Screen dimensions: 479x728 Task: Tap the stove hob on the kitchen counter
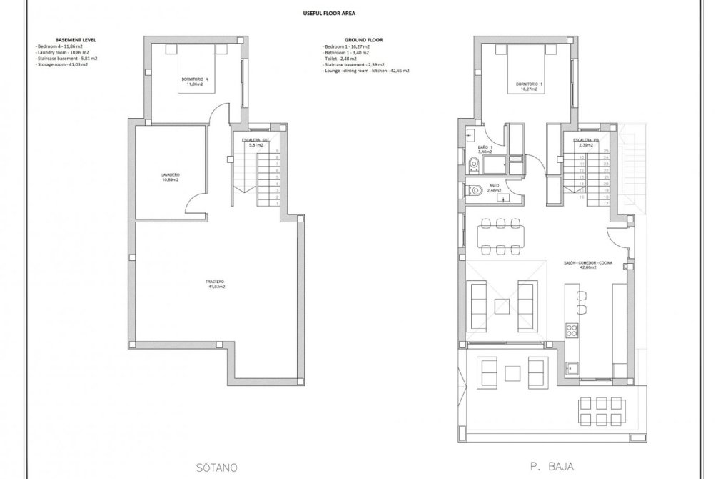coord(571,330)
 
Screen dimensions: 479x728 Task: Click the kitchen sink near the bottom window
coord(571,368)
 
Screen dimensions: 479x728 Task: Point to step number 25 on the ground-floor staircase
coord(605,151)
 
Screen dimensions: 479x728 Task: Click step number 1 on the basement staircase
coord(277,204)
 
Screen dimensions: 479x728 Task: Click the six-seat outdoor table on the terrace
coord(597,411)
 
